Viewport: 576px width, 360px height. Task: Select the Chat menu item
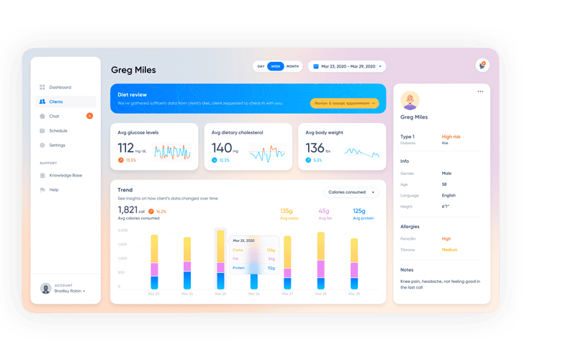(x=54, y=116)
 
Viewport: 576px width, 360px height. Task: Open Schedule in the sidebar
(x=58, y=130)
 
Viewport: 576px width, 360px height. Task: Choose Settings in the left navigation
(x=57, y=145)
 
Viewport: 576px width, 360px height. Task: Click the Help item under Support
(x=54, y=189)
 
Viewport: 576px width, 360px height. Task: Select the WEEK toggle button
(x=276, y=66)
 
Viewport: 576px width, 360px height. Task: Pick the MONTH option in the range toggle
(x=292, y=66)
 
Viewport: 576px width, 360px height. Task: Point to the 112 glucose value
(x=126, y=148)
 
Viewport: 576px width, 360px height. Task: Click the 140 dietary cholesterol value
(x=221, y=148)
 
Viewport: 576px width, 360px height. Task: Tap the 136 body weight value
(x=315, y=148)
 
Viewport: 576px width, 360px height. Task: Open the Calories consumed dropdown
(x=351, y=192)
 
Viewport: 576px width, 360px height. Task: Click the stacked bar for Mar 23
(x=154, y=262)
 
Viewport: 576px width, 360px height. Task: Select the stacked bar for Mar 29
(x=354, y=264)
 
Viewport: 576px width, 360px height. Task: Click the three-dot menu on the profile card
(x=480, y=91)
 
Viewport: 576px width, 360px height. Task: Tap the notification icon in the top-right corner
(x=482, y=66)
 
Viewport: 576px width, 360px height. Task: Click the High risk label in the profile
(x=451, y=137)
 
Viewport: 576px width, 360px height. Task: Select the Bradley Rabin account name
(x=70, y=291)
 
